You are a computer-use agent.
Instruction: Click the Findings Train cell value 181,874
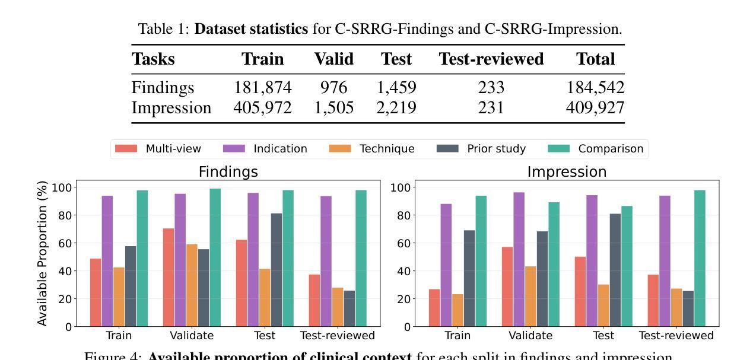pyautogui.click(x=262, y=88)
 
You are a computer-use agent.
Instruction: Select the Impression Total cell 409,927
pyautogui.click(x=595, y=108)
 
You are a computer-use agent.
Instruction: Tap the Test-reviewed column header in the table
pyautogui.click(x=491, y=59)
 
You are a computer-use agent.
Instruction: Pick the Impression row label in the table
pyautogui.click(x=171, y=108)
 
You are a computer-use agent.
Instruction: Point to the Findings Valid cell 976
pyautogui.click(x=333, y=88)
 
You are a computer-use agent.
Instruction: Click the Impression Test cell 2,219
pyautogui.click(x=396, y=108)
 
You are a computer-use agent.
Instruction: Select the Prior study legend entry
pyautogui.click(x=482, y=149)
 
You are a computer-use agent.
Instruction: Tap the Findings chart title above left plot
pyautogui.click(x=228, y=172)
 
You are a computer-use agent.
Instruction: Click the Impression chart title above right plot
pyautogui.click(x=567, y=172)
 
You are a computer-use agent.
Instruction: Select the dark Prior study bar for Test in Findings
pyautogui.click(x=277, y=270)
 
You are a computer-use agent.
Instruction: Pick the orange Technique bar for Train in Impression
pyautogui.click(x=457, y=310)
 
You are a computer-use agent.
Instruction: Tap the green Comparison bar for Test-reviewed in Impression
pyautogui.click(x=699, y=258)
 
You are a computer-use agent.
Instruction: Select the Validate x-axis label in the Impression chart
pyautogui.click(x=530, y=336)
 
